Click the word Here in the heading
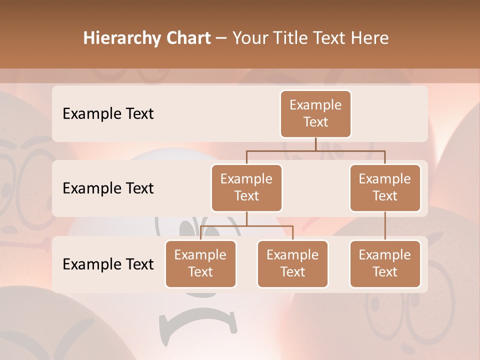pos(370,38)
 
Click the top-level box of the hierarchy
pos(315,114)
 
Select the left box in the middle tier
pos(246,188)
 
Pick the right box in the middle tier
pos(385,188)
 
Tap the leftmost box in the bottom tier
pos(200,264)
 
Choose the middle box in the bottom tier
pos(292,264)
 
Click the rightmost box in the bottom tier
pos(385,264)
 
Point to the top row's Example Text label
pos(108,114)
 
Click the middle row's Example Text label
pos(108,188)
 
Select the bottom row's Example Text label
pos(108,264)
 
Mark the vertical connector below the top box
pos(315,144)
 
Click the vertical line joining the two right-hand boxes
pos(385,226)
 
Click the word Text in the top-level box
pos(315,122)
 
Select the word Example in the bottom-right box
pos(385,255)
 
